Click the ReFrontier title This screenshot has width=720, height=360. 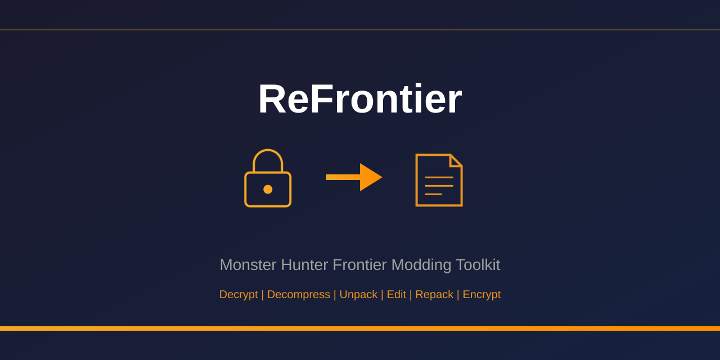pos(360,99)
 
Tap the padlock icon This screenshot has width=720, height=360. pos(268,179)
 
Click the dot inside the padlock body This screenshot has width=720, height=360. pos(268,190)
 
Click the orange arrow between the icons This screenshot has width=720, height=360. pos(353,177)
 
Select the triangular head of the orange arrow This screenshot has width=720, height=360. pos(370,177)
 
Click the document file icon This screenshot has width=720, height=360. pos(439,180)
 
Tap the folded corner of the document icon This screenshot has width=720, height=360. pos(456,160)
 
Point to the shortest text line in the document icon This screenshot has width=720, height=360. pos(433,194)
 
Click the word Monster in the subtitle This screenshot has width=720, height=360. pos(248,265)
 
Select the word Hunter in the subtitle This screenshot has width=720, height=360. pos(304,265)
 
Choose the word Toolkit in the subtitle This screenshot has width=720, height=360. pos(478,265)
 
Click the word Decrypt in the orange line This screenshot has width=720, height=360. pos(238,295)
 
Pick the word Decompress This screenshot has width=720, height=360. pos(299,295)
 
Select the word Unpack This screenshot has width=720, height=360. pos(358,295)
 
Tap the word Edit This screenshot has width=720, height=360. pos(396,295)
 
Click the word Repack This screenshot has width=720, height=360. pos(434,295)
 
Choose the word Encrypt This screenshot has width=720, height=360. pos(481,295)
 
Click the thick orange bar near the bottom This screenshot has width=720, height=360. pos(360,328)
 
